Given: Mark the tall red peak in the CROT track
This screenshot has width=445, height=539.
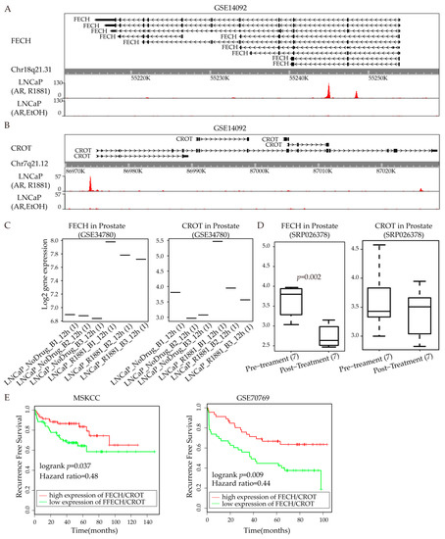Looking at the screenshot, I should pos(89,184).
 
